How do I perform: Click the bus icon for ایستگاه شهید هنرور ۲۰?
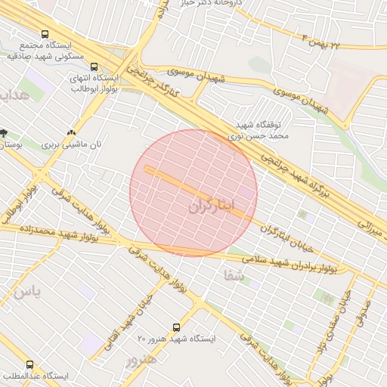click(176, 327)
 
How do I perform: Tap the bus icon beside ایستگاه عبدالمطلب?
click(30, 364)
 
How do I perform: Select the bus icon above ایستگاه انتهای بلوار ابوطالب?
click(94, 67)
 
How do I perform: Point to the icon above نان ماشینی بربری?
click(71, 132)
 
